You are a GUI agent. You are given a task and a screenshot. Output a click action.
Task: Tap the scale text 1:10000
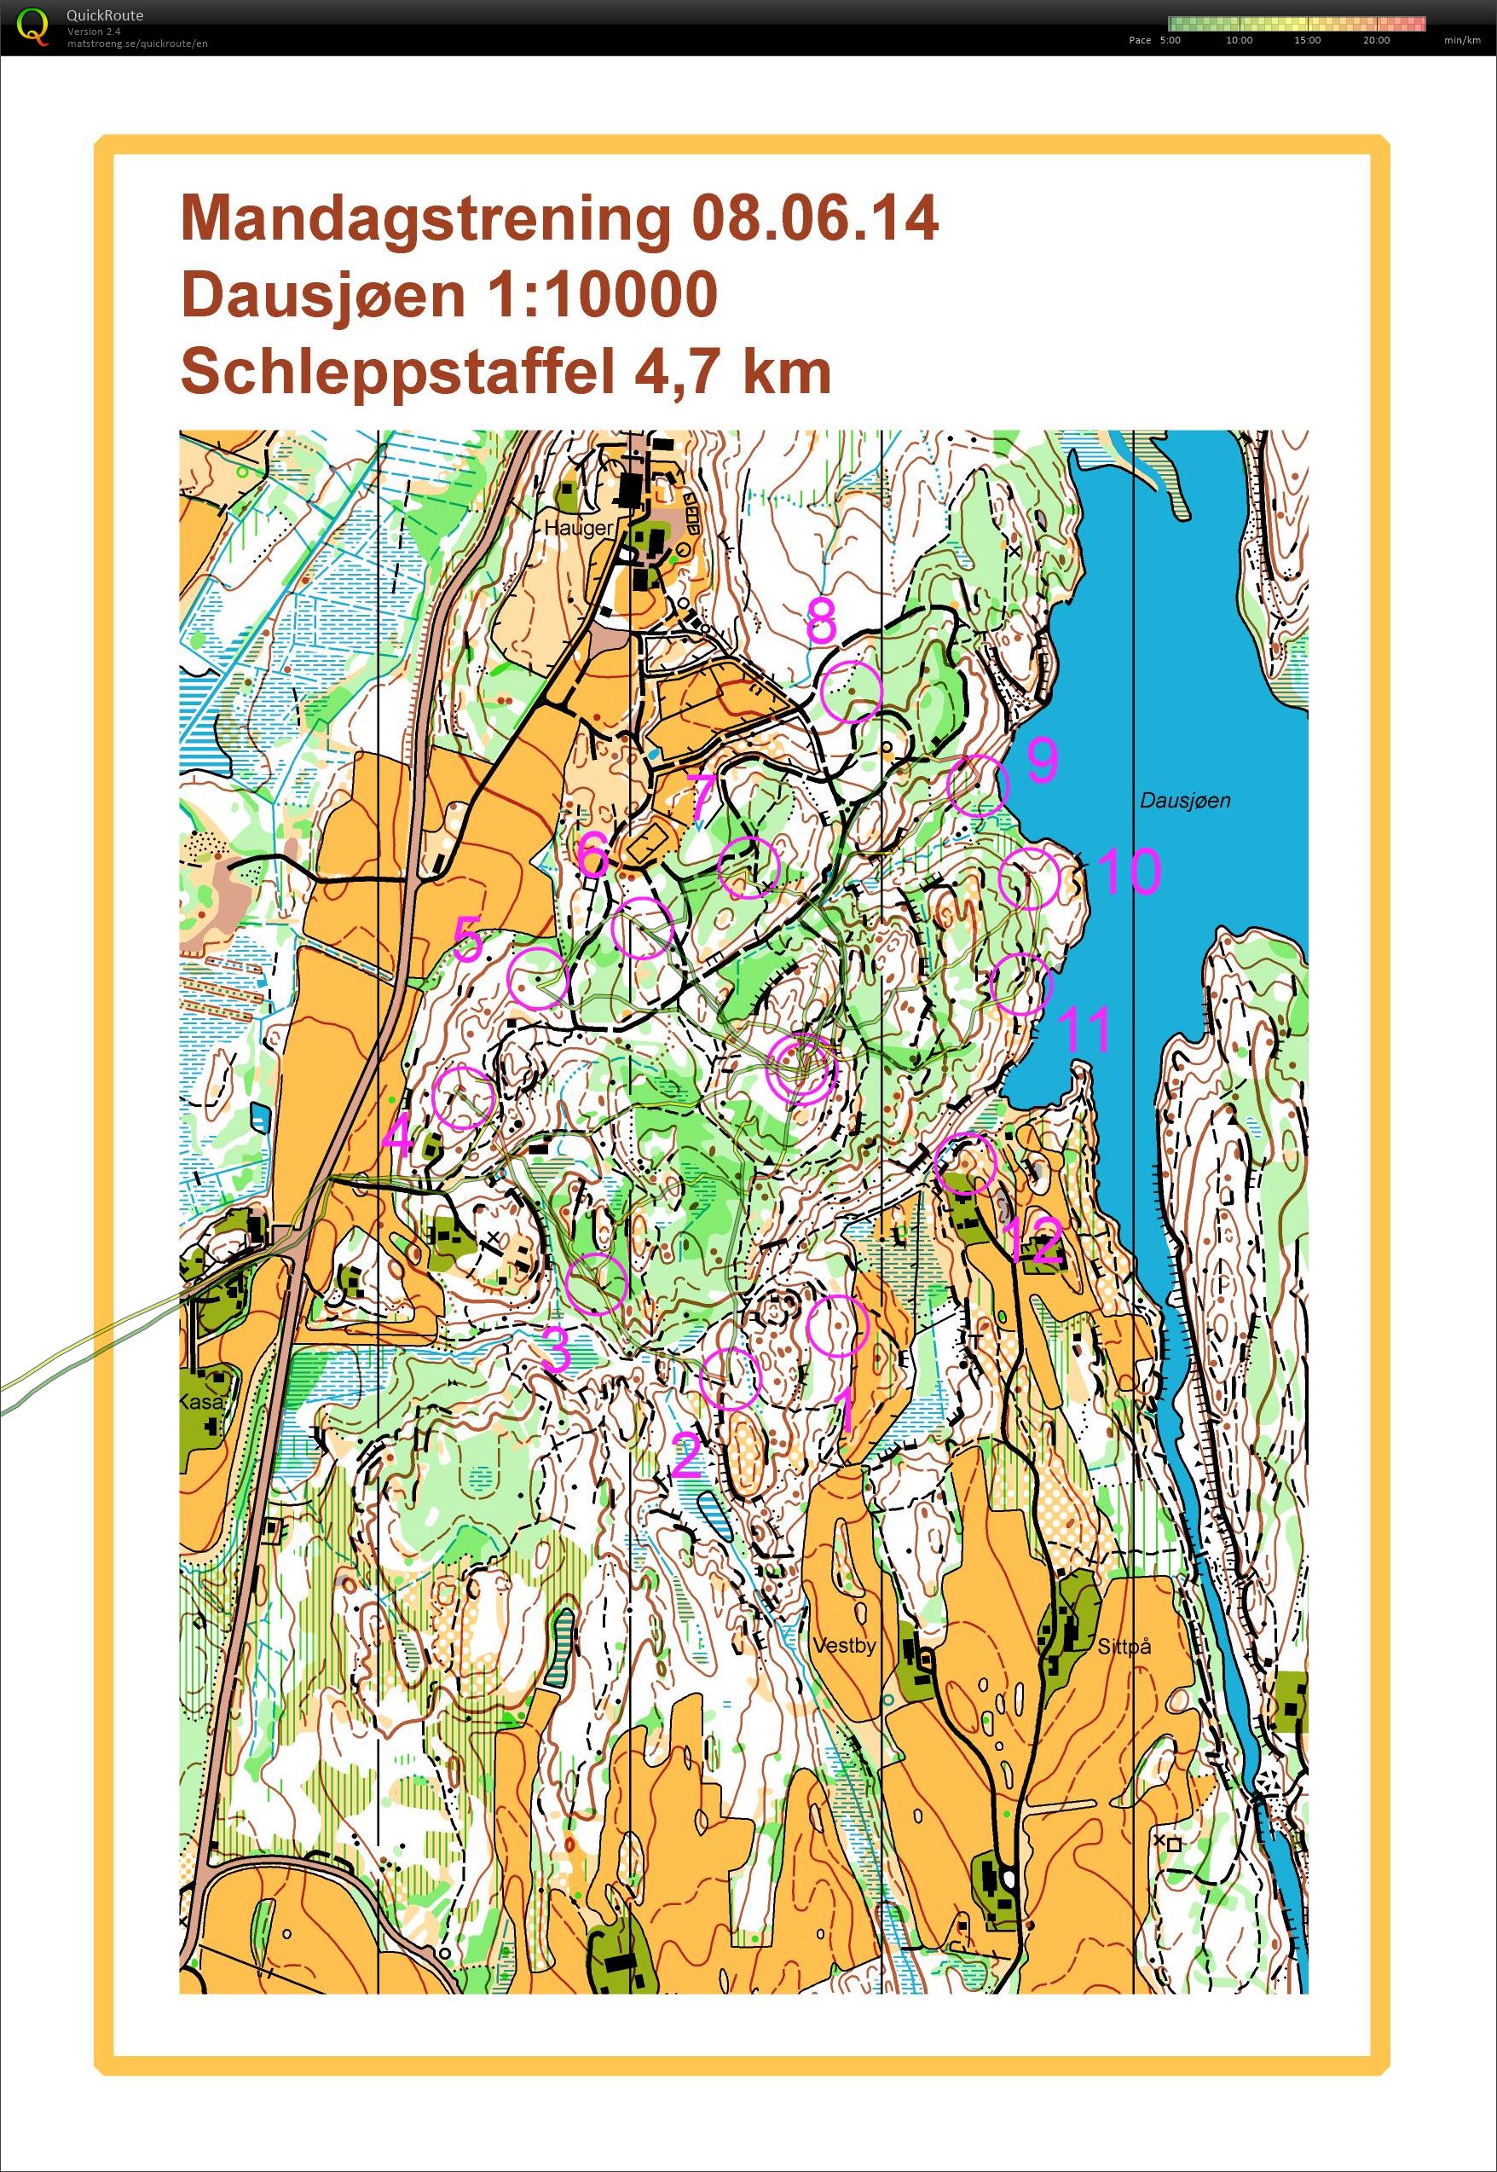(600, 294)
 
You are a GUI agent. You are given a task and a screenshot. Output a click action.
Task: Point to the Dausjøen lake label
(1186, 800)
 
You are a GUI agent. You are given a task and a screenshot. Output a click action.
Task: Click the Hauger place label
(578, 528)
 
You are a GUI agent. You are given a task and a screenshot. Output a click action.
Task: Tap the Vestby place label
(844, 1645)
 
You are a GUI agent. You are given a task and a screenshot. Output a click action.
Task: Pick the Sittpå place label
(1124, 1646)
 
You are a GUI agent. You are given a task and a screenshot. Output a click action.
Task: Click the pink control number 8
(821, 620)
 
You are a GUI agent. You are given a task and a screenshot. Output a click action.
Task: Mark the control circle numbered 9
(977, 785)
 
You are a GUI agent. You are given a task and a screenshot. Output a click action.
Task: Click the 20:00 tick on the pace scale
(1376, 40)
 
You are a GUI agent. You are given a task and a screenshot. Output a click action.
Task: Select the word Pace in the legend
(1140, 40)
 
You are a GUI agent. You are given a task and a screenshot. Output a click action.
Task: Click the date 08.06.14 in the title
(814, 219)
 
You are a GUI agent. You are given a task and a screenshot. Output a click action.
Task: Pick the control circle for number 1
(839, 1326)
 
